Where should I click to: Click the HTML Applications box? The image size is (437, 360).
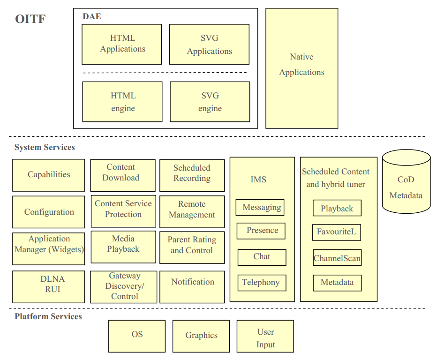pos(122,44)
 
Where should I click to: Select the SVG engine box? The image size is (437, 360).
pos(210,102)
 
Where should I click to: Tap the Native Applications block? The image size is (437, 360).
pos(301,68)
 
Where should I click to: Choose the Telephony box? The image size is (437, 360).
pos(261,283)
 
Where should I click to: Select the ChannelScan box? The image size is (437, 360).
pos(337,258)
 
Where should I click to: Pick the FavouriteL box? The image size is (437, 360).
pos(336,232)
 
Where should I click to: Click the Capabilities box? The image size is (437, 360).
pos(49,175)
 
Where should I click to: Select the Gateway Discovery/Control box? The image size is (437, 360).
pos(124,286)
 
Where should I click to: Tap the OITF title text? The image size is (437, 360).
pos(30,19)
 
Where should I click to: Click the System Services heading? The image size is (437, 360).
pos(45,147)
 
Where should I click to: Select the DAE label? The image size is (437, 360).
pos(91,16)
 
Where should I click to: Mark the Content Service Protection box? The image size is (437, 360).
pos(123,209)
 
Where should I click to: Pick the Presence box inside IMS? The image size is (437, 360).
pos(262,231)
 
